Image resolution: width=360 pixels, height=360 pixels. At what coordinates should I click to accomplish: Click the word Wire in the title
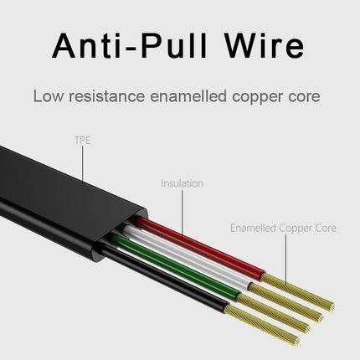tap(265, 45)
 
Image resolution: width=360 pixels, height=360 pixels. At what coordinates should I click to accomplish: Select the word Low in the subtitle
tap(49, 96)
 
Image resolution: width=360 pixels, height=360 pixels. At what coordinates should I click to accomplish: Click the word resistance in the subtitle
tap(107, 96)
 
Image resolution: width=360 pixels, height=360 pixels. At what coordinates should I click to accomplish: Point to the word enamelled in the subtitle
tap(188, 96)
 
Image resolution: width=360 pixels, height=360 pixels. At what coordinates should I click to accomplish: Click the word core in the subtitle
tap(304, 97)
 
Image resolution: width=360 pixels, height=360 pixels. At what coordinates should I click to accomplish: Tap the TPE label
tap(83, 140)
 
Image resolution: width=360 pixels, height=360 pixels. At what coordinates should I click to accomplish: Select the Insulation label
tap(182, 183)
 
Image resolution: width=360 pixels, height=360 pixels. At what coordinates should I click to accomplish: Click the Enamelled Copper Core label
tap(283, 228)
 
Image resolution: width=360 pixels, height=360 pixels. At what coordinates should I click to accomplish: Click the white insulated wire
tap(187, 258)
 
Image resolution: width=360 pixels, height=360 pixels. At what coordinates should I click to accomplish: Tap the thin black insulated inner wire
tap(165, 279)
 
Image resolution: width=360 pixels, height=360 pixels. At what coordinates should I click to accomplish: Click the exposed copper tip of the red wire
tap(298, 292)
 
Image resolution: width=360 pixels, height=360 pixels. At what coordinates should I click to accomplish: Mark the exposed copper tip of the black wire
tap(262, 325)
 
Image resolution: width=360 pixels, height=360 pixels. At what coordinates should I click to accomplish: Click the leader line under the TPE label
tap(83, 164)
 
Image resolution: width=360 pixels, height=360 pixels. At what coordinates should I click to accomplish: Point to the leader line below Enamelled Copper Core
tap(286, 260)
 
